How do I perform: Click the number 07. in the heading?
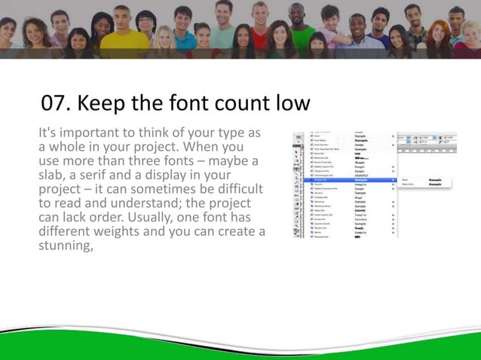[57, 103]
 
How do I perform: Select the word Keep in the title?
[106, 103]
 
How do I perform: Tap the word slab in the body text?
[55, 175]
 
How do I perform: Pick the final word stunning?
[65, 244]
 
